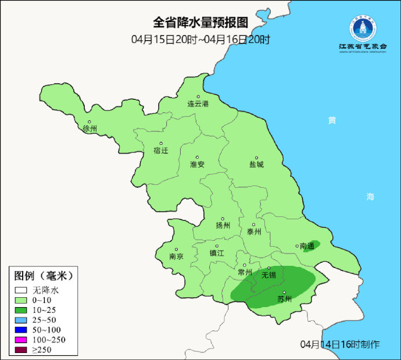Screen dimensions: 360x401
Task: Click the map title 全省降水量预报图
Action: [201, 23]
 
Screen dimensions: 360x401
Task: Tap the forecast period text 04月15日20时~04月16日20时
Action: [201, 40]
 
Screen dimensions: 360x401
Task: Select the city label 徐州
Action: [90, 129]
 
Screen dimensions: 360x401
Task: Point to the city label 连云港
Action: [197, 104]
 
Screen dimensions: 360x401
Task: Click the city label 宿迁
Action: [160, 150]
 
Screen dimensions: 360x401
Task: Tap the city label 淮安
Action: [197, 164]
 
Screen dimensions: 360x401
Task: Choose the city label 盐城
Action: [256, 165]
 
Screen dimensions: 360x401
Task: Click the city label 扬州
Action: [223, 226]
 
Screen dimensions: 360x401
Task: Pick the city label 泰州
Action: [254, 231]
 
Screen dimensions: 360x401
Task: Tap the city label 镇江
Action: [216, 253]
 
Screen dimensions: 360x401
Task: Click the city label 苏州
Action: [284, 300]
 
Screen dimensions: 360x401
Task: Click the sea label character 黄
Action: [332, 120]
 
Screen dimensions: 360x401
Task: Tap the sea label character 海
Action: [370, 197]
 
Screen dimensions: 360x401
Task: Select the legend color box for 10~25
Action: [22, 310]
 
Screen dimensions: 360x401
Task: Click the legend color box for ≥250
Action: [22, 350]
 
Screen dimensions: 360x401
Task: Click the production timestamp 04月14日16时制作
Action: [340, 344]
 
